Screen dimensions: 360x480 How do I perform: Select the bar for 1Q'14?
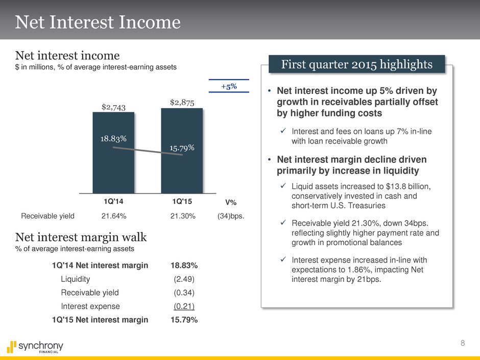(113, 169)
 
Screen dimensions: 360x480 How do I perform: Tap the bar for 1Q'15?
(182, 169)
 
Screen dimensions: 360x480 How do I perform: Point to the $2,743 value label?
(113, 106)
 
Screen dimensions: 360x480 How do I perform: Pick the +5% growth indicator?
(228, 86)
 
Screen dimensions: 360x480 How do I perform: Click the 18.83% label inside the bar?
(113, 138)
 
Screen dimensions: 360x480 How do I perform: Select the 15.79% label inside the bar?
(182, 148)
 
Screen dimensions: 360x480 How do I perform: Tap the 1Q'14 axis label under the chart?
(113, 202)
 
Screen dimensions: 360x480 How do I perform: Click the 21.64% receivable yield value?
(114, 215)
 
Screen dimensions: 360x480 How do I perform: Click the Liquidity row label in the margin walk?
(76, 279)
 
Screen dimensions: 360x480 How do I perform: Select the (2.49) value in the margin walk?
(184, 279)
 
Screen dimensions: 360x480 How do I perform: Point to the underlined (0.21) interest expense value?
(184, 306)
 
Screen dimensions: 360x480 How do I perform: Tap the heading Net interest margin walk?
(81, 237)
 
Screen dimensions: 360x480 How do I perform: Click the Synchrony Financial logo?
(35, 347)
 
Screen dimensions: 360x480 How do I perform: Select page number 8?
(463, 343)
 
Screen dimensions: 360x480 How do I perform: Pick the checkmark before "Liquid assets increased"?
(283, 188)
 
